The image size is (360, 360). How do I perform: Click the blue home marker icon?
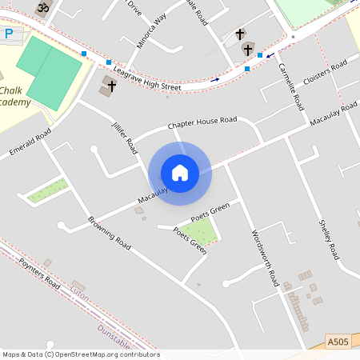pos(180,173)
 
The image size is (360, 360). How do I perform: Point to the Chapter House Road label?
pos(202,123)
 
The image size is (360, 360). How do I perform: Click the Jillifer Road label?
pos(126,135)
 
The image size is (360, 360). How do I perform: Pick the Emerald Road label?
pos(30,142)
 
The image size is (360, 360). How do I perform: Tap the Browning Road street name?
pos(109,232)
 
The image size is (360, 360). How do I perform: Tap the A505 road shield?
pos(338,342)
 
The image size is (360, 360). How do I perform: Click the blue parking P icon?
pos(9,34)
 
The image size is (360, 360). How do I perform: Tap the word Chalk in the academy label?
pos(13,90)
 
